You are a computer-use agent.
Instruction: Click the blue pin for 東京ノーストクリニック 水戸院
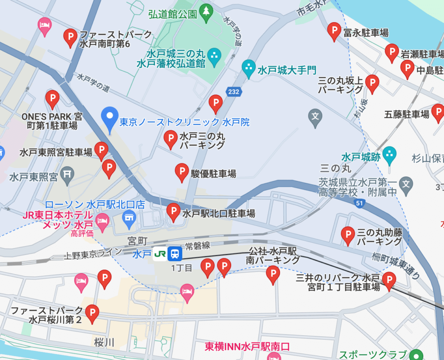109,117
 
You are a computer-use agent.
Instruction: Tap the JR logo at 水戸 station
160,253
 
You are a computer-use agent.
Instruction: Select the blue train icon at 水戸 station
175,253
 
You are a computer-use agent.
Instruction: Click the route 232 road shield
233,91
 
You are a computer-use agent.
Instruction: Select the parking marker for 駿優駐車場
182,172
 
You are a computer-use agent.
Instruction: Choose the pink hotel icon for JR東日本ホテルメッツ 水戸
102,222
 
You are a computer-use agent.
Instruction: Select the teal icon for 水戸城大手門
249,68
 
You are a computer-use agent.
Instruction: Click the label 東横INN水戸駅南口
247,347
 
